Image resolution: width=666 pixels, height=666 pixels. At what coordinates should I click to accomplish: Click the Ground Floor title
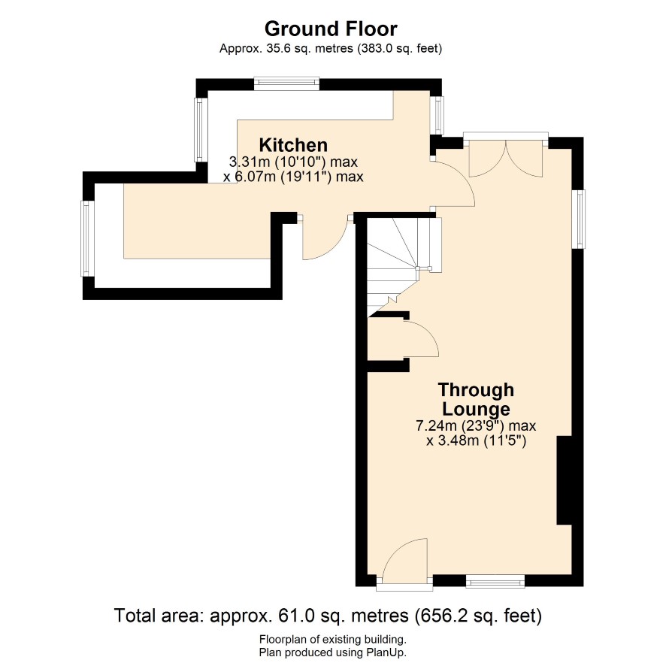coord(331,29)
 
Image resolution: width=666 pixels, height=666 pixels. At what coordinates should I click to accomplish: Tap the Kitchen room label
coord(293,145)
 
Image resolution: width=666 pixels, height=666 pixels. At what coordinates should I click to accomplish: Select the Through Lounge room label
coord(476,399)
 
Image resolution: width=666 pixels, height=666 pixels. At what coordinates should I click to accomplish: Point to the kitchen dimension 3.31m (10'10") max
coord(293,162)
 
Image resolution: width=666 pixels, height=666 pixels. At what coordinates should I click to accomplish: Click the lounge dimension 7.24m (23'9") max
coord(476,425)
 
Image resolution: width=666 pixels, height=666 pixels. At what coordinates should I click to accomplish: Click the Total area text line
coord(328,616)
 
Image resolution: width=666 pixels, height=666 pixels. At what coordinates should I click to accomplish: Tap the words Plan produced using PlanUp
coord(333,652)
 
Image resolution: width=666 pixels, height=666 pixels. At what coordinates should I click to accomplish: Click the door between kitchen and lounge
coord(453,183)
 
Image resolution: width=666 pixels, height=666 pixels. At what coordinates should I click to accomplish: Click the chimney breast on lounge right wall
coord(564,480)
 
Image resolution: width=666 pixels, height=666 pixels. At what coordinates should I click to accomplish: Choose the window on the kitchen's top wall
coord(286,83)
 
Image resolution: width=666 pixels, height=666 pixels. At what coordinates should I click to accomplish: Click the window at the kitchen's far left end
coord(87,238)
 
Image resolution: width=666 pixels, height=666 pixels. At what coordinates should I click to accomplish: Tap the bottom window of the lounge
coord(495,581)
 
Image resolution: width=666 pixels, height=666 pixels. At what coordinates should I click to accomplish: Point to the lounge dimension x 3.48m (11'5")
coord(476,440)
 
